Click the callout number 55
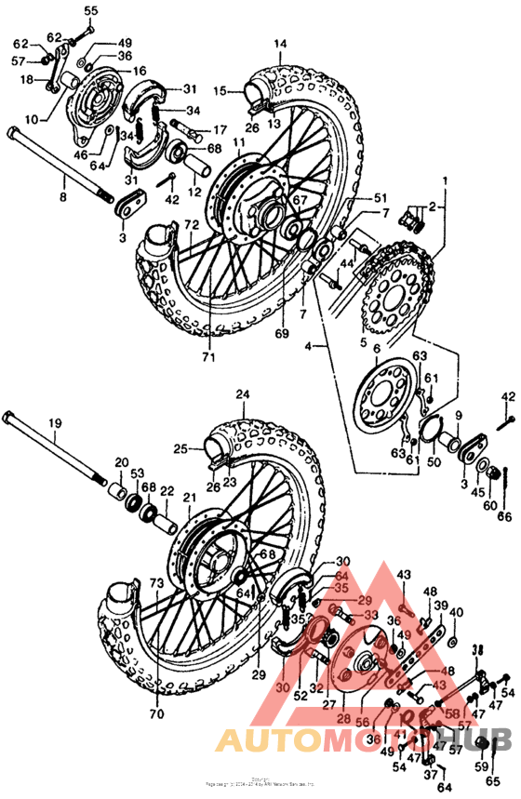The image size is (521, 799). [x=90, y=10]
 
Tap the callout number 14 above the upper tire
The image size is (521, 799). [x=280, y=44]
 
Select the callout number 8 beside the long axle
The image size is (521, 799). [x=63, y=197]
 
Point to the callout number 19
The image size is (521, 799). [x=56, y=423]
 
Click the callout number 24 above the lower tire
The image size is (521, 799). [x=243, y=394]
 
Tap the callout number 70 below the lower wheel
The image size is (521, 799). [x=156, y=714]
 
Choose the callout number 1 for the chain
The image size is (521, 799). [x=445, y=180]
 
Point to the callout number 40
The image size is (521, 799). [x=455, y=612]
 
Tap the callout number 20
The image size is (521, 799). [x=121, y=462]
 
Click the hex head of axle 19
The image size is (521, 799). [x=11, y=415]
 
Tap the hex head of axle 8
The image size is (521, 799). [x=13, y=133]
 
